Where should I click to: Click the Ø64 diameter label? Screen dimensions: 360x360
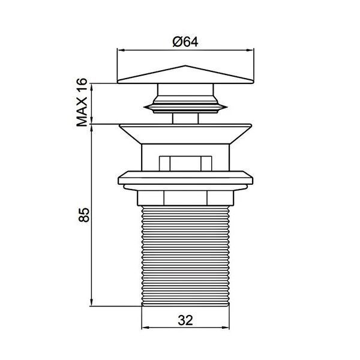(185, 42)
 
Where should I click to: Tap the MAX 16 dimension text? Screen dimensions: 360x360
(82, 103)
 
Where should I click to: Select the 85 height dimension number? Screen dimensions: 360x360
(83, 215)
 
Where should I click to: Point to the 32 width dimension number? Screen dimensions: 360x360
(185, 320)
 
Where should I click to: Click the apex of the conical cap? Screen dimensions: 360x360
(185, 66)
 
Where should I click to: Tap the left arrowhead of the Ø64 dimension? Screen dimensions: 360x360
(121, 50)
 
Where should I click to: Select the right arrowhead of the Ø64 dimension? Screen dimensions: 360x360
(250, 50)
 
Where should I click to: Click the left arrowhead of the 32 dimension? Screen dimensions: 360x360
(146, 328)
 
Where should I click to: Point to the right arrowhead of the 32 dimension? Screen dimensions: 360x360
(226, 328)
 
